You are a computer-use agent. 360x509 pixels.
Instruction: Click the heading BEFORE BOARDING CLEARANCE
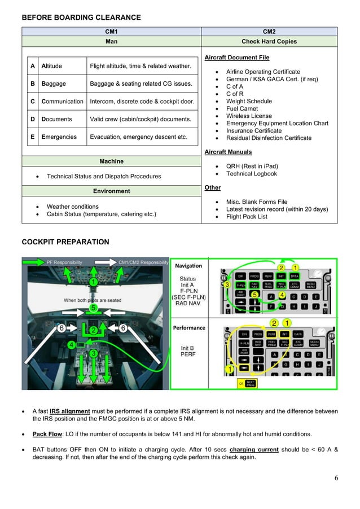[81, 17]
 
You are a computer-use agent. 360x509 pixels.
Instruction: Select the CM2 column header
[269, 32]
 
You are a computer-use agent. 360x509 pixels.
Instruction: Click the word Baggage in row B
[54, 84]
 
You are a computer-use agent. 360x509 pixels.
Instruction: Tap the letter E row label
[33, 137]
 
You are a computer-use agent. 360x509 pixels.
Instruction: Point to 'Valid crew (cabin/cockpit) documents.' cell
[141, 119]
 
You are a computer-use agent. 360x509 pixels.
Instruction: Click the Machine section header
[111, 161]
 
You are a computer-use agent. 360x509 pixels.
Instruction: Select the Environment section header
[111, 191]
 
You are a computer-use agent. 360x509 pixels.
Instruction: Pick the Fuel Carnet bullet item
[242, 108]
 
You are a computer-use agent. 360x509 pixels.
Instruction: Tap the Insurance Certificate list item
[253, 130]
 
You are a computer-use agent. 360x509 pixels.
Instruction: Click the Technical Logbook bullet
[252, 174]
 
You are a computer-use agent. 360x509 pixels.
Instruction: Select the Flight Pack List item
[247, 217]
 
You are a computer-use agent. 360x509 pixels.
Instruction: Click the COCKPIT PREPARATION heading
[65, 242]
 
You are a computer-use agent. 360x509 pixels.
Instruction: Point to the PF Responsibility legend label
[64, 262]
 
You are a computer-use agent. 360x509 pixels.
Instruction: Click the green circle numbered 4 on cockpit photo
[71, 344]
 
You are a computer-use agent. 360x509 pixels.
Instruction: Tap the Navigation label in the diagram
[188, 266]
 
